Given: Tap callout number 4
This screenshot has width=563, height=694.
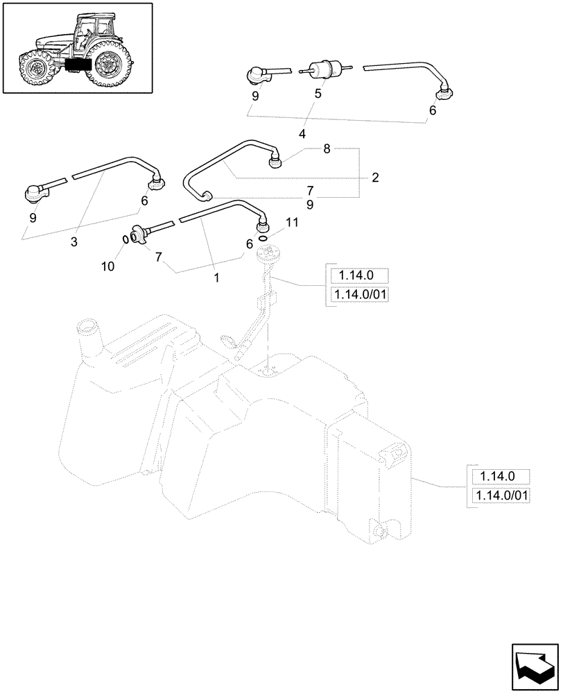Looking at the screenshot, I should [302, 133].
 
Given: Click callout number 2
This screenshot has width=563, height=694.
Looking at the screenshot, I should [374, 178].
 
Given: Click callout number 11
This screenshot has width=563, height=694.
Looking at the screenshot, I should [291, 223].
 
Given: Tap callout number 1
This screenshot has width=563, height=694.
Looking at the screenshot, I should [216, 277].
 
